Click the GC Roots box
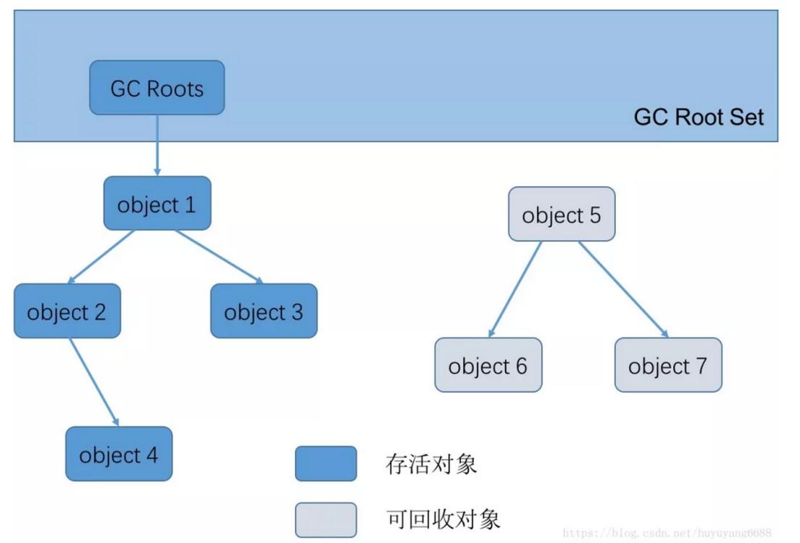157,88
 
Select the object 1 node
157,204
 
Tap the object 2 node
67,311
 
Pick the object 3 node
264,311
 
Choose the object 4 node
119,454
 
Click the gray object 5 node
562,215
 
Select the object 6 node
488,365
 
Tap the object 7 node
668,365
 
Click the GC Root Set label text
699,117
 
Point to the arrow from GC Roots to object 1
157,145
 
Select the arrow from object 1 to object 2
101,257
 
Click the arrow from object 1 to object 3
219,257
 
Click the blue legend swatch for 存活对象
325,464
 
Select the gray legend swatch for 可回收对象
325,520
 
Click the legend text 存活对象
431,464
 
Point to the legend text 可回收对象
443,519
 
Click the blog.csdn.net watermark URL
667,533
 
